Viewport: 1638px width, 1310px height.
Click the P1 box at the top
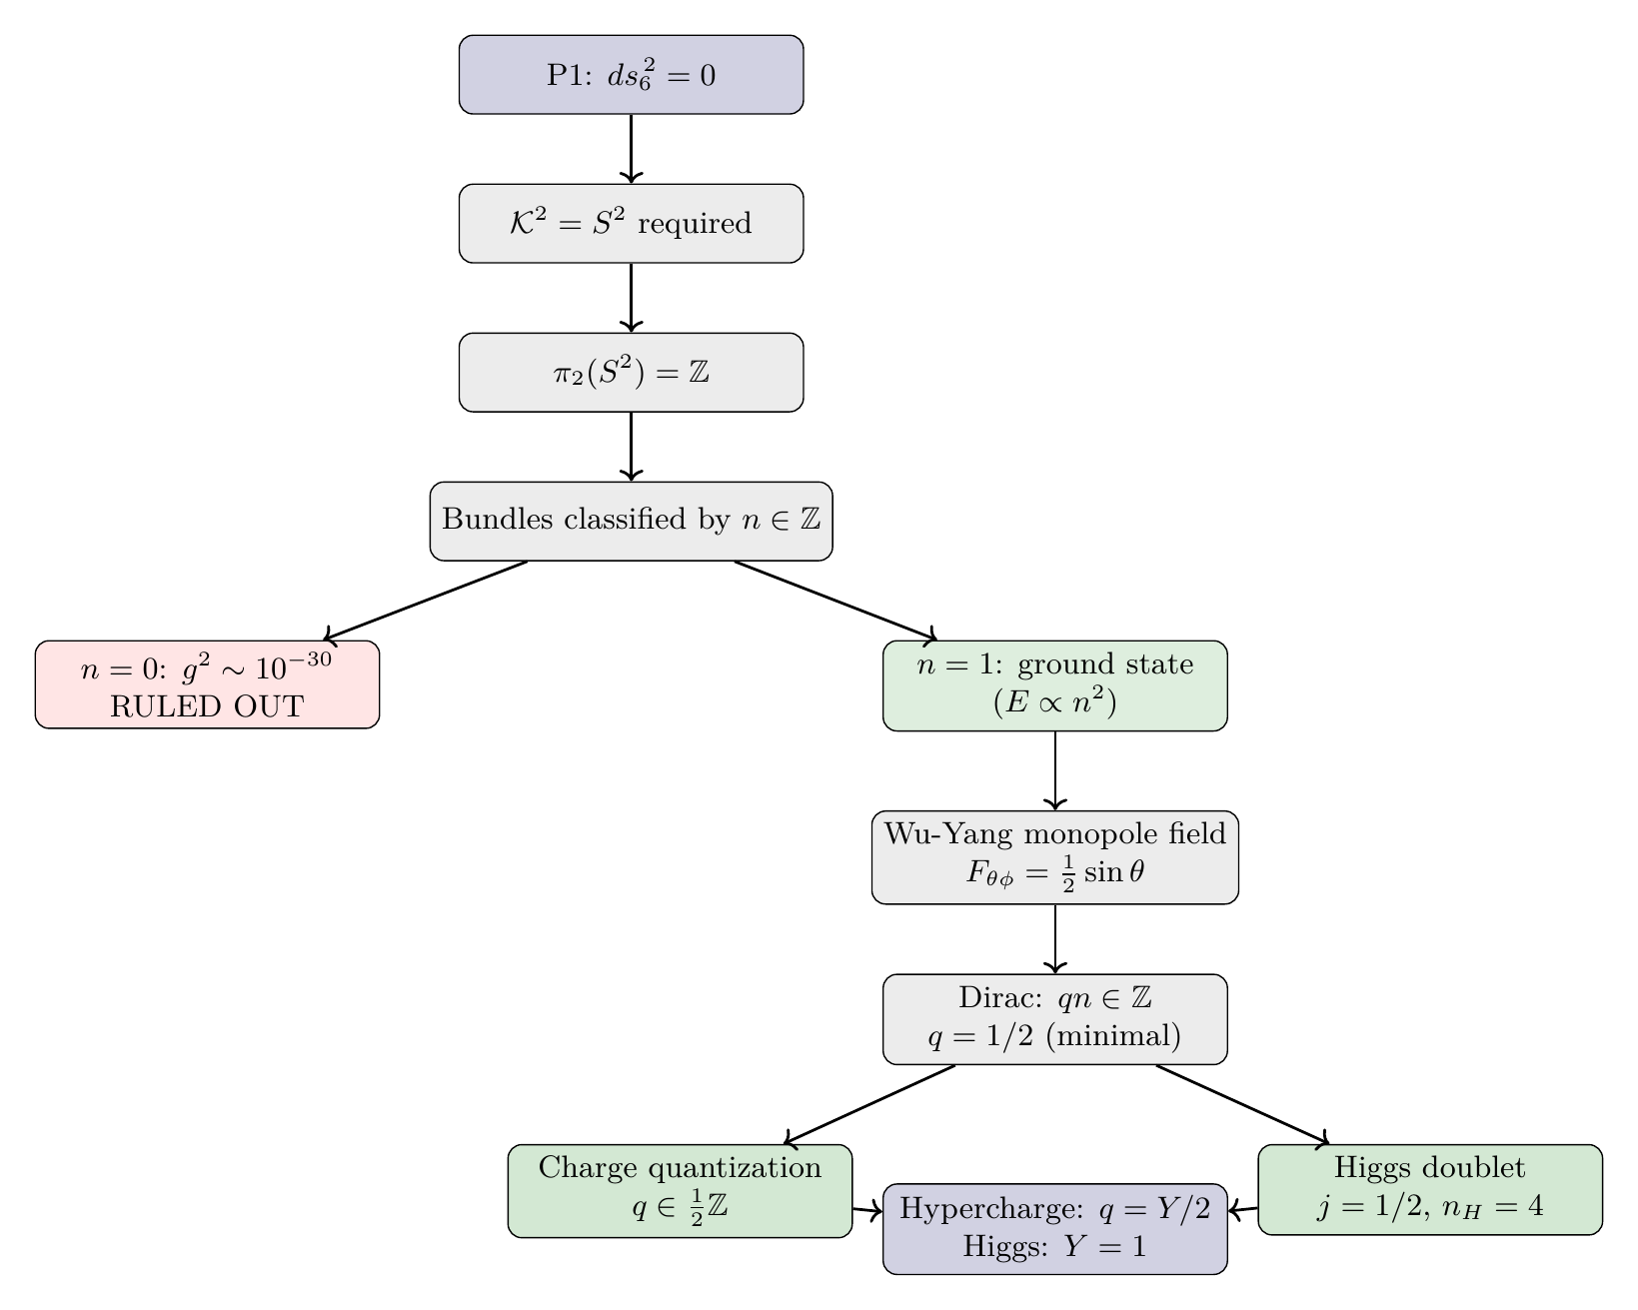631,75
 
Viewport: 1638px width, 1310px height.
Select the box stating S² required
631,224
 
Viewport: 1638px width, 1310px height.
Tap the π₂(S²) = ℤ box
631,373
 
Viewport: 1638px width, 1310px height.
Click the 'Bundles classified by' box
631,521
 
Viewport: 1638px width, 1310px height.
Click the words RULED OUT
207,706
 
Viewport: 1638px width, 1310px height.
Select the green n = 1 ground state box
1054,685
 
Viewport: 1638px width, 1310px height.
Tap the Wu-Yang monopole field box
1054,857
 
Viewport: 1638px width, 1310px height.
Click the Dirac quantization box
1054,1018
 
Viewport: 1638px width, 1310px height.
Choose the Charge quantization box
680,1191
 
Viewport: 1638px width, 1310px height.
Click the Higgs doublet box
1429,1189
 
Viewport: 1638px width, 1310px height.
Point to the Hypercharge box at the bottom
1054,1228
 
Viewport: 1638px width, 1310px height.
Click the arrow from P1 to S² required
631,148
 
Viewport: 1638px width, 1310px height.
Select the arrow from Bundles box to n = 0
425,601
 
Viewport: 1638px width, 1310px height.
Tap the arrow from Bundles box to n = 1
834,601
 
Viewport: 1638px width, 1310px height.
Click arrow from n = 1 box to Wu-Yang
1055,770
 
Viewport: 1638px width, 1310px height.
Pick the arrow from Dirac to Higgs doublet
1242,1104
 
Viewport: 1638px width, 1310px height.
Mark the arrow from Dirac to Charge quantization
869,1104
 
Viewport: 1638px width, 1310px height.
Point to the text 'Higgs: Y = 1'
1054,1247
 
